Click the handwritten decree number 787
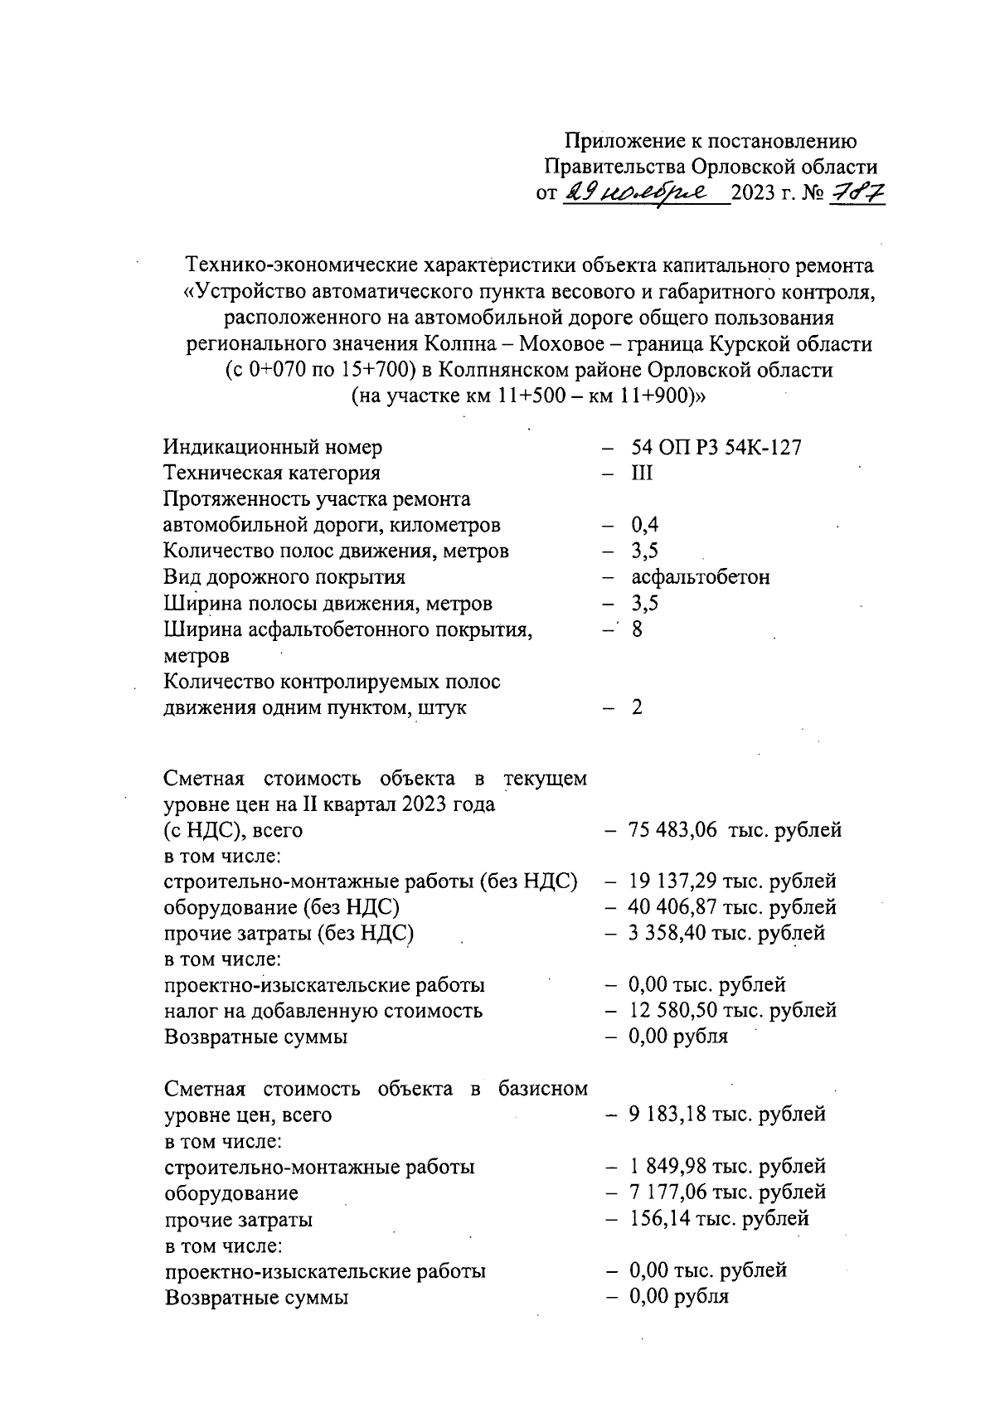coord(857,194)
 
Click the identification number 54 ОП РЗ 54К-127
coord(716,448)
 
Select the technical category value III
coord(642,473)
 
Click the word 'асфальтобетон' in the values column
coord(700,577)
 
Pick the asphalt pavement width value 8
coord(637,629)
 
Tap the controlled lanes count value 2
coord(637,707)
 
